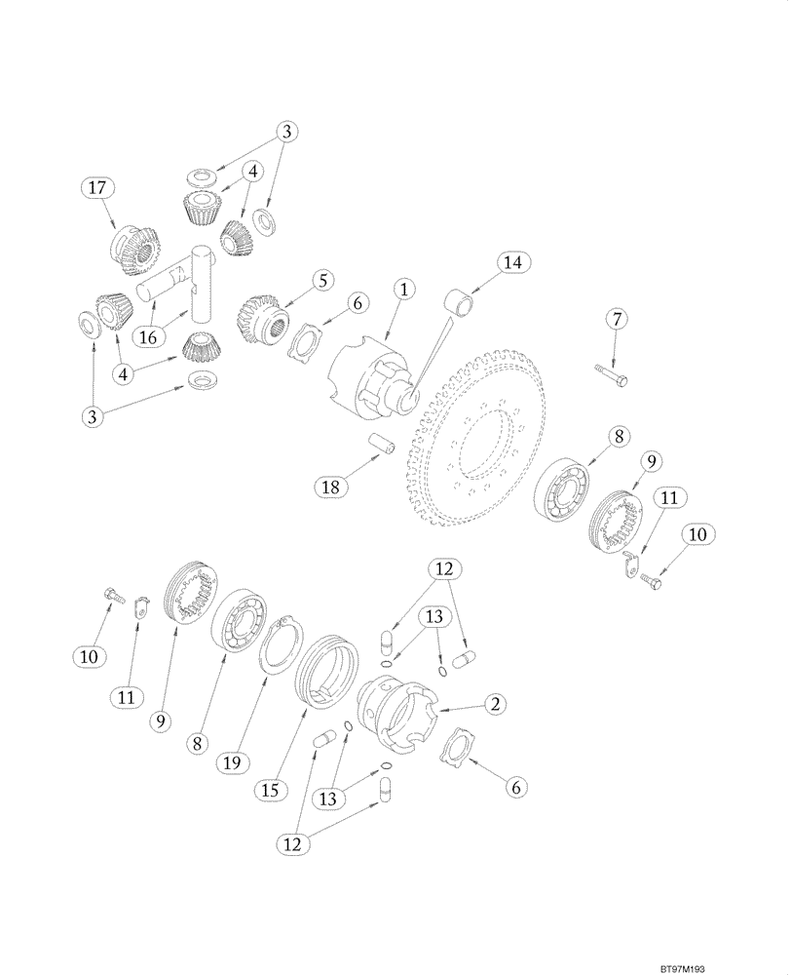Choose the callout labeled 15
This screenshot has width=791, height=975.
pyautogui.click(x=274, y=788)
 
